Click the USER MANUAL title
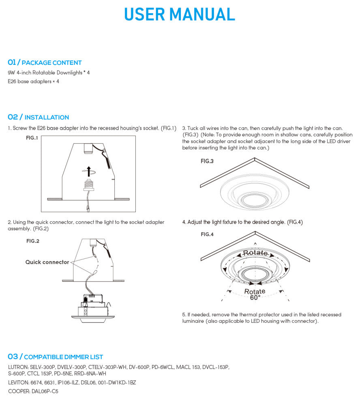point(180,14)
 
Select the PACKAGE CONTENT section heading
point(51,63)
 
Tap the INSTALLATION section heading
point(47,117)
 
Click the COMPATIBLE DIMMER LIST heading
point(63,357)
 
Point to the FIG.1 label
point(32,138)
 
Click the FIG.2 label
point(33,241)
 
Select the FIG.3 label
point(207,161)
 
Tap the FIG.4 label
point(207,234)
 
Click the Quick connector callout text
point(47,262)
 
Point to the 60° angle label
point(255,297)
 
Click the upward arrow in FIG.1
point(89,171)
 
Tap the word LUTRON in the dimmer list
point(18,367)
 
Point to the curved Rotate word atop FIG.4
point(255,253)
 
